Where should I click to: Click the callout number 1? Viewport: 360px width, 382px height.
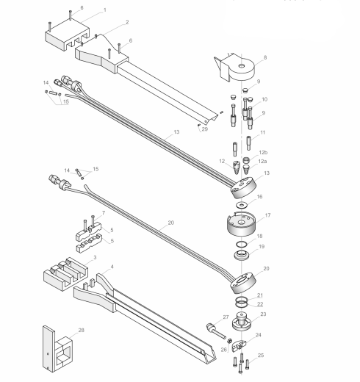pyautogui.click(x=104, y=10)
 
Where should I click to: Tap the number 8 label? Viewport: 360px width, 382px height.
pyautogui.click(x=265, y=57)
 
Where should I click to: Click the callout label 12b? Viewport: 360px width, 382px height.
pyautogui.click(x=263, y=152)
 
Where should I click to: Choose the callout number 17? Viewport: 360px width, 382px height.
pyautogui.click(x=268, y=215)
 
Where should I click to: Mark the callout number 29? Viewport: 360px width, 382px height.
pyautogui.click(x=206, y=129)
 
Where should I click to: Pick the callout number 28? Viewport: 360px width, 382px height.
pyautogui.click(x=81, y=331)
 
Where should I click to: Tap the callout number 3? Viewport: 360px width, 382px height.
pyautogui.click(x=94, y=259)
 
